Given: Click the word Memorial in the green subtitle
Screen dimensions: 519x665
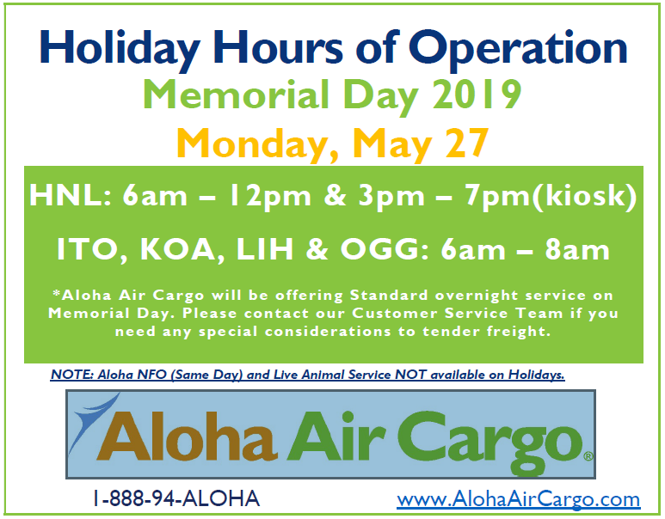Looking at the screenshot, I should click(x=231, y=95).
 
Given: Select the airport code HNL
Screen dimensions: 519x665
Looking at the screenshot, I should click(x=63, y=198).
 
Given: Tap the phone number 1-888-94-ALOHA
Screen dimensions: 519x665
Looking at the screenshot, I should click(x=176, y=498).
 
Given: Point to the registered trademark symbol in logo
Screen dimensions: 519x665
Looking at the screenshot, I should click(x=588, y=457).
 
